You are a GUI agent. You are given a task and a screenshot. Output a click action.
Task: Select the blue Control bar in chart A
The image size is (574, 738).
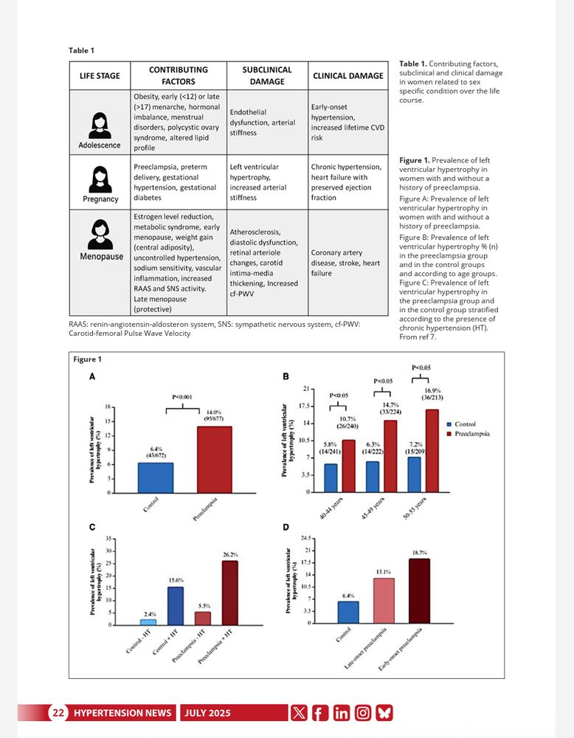pyautogui.click(x=156, y=477)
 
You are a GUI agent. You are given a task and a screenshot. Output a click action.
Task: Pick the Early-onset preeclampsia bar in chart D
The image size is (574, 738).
pyautogui.click(x=414, y=590)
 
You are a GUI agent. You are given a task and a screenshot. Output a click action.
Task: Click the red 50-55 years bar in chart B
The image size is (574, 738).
pyautogui.click(x=432, y=450)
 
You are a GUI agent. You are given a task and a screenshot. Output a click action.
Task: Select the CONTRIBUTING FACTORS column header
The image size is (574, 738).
pyautogui.click(x=178, y=75)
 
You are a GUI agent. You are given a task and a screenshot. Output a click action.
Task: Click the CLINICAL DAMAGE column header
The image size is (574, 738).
pyautogui.click(x=348, y=75)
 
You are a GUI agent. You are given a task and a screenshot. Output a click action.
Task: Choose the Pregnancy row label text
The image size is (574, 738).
pyautogui.click(x=101, y=199)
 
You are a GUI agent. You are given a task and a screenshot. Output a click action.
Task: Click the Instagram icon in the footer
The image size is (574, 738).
pyautogui.click(x=363, y=713)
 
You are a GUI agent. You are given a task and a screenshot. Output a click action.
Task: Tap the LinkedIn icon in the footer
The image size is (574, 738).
pyautogui.click(x=341, y=713)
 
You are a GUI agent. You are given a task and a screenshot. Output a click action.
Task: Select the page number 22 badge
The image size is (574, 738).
pyautogui.click(x=58, y=713)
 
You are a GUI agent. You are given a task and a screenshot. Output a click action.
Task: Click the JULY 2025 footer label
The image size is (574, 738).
pyautogui.click(x=207, y=713)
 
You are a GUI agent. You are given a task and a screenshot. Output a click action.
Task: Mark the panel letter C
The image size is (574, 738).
pyautogui.click(x=91, y=528)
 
